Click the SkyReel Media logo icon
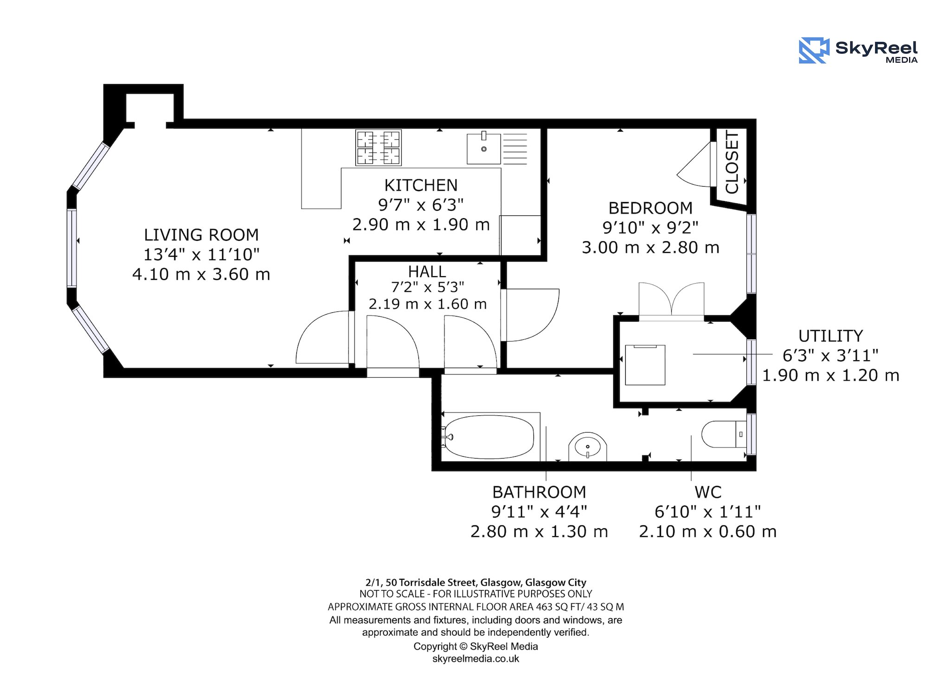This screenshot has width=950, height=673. [x=814, y=51]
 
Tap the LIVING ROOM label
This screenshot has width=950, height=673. [x=201, y=235]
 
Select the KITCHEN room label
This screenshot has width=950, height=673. [x=421, y=185]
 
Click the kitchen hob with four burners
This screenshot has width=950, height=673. [x=379, y=148]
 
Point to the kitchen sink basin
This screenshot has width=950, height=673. [x=484, y=148]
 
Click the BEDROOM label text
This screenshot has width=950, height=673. [x=650, y=207]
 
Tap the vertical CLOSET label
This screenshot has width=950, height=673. [x=732, y=162]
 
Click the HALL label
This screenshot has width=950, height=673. [x=427, y=272]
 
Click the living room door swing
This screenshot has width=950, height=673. [x=323, y=337]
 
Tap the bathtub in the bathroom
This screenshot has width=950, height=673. [x=490, y=437]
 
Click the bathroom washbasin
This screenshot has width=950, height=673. [x=588, y=447]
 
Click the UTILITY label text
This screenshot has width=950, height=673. [x=830, y=336]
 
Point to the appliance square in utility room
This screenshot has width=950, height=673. [x=645, y=365]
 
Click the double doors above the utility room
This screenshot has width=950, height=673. [x=671, y=300]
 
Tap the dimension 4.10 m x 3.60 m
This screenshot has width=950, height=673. [x=201, y=274]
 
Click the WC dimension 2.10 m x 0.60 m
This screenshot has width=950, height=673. [x=708, y=531]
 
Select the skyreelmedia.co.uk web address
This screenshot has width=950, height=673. [x=475, y=659]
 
